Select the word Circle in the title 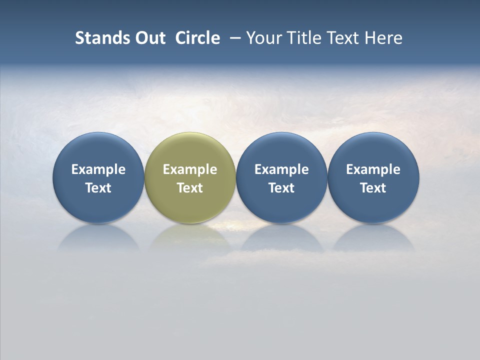click(197, 38)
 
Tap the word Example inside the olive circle click(190, 169)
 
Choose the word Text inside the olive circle click(190, 188)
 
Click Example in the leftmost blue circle click(98, 169)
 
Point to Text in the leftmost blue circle click(98, 188)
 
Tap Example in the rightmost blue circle click(373, 169)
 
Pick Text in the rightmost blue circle click(373, 188)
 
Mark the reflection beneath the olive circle click(190, 237)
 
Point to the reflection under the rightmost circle click(373, 238)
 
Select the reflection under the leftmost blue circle click(98, 238)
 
